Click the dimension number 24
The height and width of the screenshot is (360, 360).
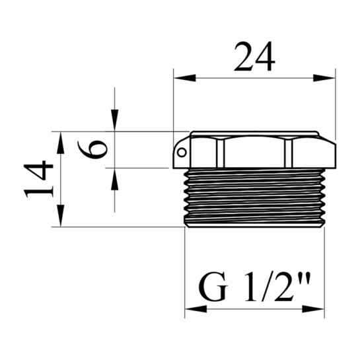click(x=254, y=57)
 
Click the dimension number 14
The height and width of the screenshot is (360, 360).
click(x=38, y=179)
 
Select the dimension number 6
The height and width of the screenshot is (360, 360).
click(x=92, y=149)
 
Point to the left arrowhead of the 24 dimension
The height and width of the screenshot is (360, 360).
click(x=185, y=78)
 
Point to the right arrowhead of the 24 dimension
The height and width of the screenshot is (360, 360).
click(x=324, y=78)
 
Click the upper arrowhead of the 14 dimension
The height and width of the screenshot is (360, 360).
click(x=60, y=143)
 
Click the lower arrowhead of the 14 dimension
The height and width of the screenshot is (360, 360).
click(x=60, y=216)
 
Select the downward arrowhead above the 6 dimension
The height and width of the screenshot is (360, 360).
click(x=114, y=120)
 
